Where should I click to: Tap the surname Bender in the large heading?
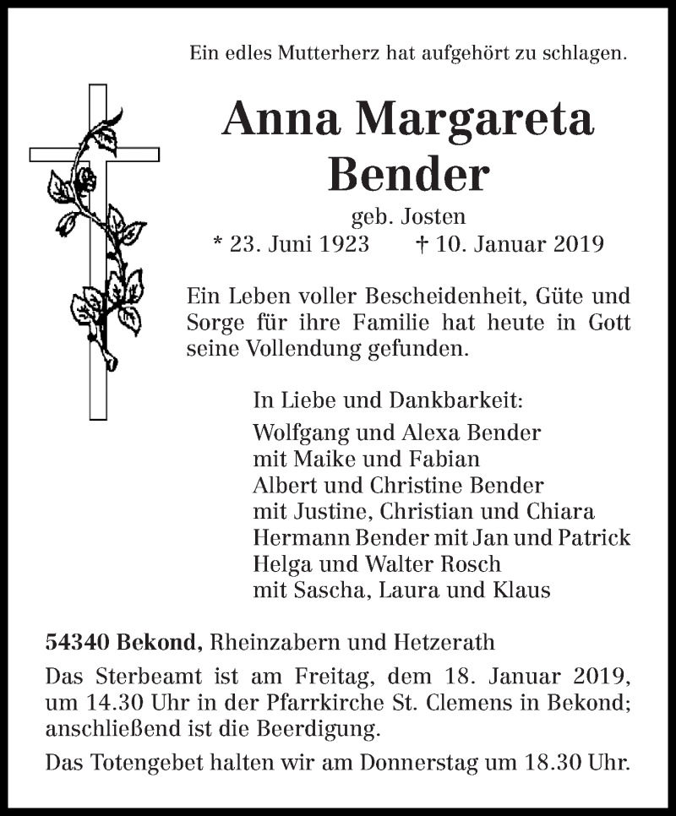tap(408, 175)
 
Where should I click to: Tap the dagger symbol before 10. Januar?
tap(422, 244)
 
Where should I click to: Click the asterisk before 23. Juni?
tap(217, 244)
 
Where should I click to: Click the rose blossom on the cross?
tap(85, 178)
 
